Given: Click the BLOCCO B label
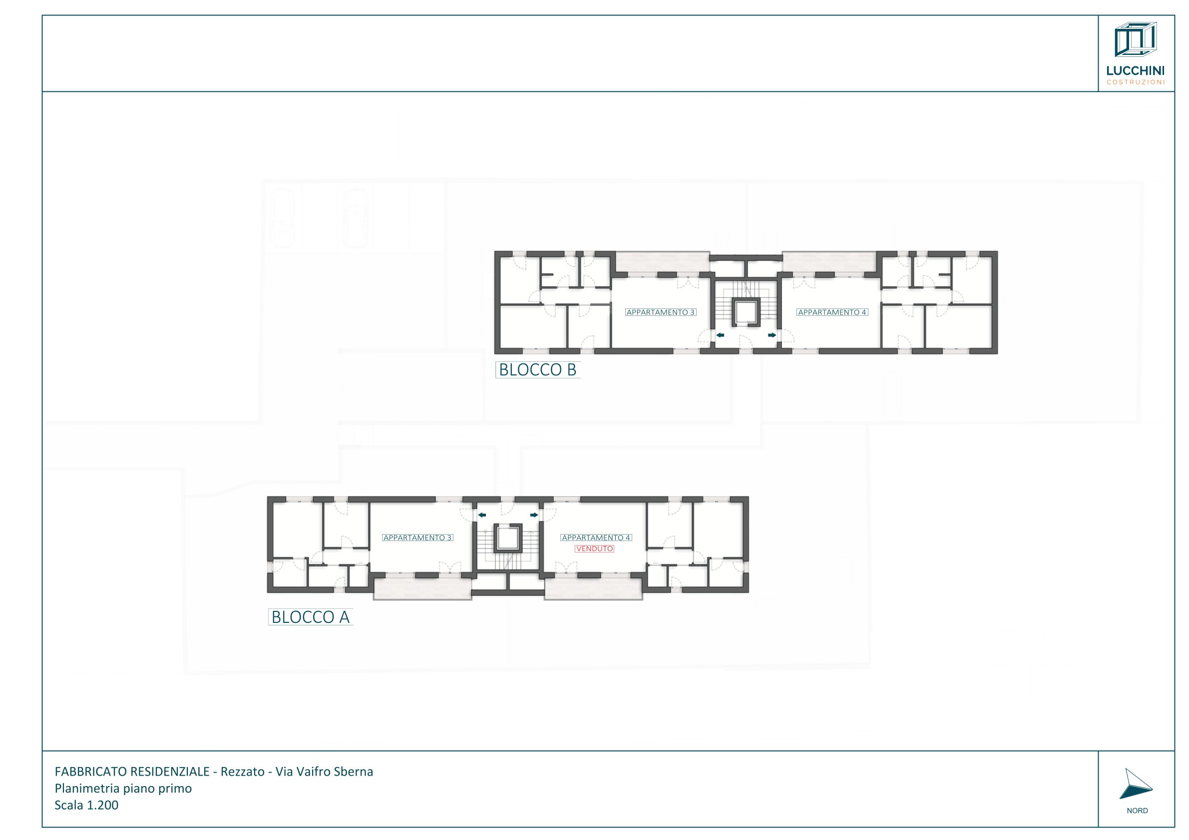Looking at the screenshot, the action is [537, 369].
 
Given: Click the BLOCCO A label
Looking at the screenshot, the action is [310, 617].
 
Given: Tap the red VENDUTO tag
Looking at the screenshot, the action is [594, 549].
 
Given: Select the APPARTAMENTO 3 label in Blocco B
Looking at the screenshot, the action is [660, 312].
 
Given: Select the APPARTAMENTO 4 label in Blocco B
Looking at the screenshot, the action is [832, 312].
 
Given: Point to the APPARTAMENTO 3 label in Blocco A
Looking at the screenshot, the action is [418, 538].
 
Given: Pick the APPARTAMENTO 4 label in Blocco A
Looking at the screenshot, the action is [596, 538].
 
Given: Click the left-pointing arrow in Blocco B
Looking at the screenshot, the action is [720, 335].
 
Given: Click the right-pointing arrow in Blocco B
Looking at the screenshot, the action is [772, 335].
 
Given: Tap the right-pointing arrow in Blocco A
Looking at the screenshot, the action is [534, 515].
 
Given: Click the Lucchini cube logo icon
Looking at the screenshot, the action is [1136, 39].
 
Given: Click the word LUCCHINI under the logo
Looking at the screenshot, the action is [1136, 71].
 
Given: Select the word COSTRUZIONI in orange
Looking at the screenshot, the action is [1136, 82].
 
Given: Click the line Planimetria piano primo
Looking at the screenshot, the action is [123, 788].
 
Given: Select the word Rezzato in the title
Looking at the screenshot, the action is [242, 772].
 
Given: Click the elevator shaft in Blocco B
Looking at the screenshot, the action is [746, 312].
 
